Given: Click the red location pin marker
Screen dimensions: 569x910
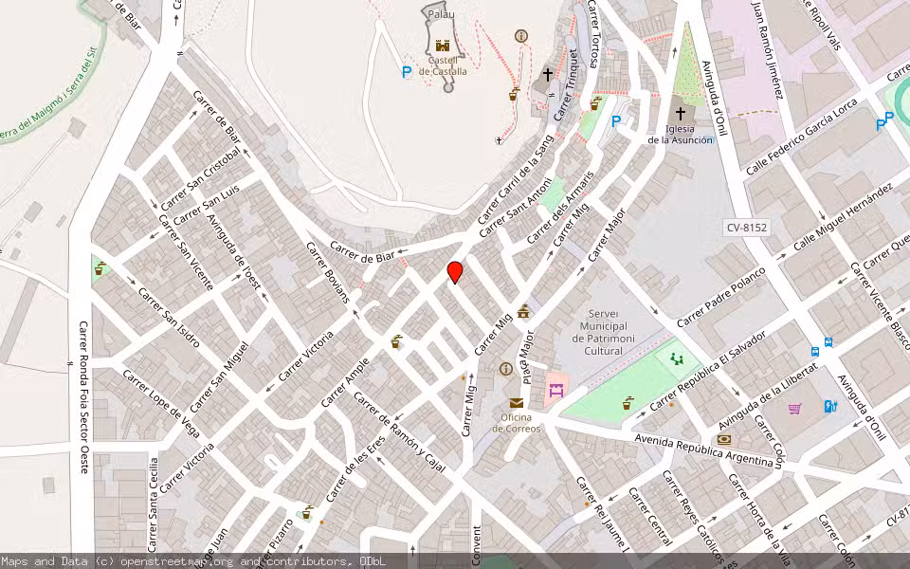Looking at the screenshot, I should (x=455, y=272).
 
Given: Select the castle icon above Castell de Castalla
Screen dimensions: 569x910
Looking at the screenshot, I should (x=442, y=45).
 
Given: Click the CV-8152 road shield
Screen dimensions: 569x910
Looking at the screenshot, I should (x=747, y=228).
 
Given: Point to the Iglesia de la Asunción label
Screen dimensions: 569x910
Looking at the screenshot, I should (x=680, y=135).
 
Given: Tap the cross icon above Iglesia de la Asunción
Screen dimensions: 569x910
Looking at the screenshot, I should (x=680, y=113).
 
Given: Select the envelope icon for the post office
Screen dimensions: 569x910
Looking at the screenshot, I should (x=516, y=402).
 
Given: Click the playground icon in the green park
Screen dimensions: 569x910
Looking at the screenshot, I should (x=677, y=358).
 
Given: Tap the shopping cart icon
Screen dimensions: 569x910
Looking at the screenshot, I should (x=795, y=409).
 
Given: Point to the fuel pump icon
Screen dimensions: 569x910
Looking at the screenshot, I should (x=830, y=407).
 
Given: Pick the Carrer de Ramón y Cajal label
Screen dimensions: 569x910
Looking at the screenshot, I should (x=399, y=432).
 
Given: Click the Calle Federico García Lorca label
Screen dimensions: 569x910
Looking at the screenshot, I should (x=802, y=136).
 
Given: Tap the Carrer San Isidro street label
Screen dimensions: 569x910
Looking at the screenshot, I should (x=170, y=316).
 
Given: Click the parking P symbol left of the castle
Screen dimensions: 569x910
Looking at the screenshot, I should (x=407, y=71).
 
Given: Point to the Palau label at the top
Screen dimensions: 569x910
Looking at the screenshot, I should (x=441, y=14).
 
